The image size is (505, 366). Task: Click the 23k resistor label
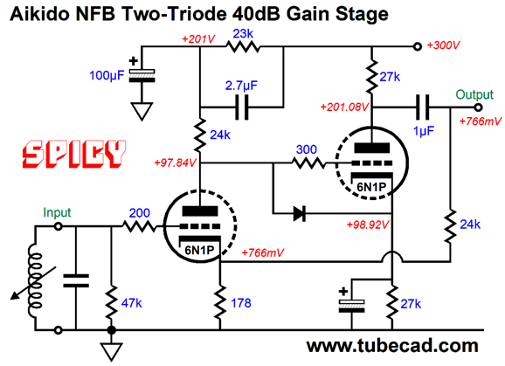click(243, 33)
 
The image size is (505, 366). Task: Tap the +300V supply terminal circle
click(417, 46)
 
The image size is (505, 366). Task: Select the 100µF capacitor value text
click(107, 76)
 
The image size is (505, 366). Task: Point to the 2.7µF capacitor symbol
click(242, 107)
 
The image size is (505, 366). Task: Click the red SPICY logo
click(73, 154)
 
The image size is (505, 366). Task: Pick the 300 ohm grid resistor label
click(307, 149)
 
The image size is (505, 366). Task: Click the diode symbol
click(300, 213)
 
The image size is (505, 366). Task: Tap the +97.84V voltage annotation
click(176, 162)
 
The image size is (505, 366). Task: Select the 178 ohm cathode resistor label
click(241, 303)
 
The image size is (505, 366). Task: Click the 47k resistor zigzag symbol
click(112, 302)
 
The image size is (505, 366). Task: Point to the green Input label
click(57, 212)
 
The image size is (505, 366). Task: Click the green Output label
click(474, 94)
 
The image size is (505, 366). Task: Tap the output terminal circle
click(478, 107)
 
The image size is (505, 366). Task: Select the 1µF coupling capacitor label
click(424, 131)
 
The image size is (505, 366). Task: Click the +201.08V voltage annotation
click(344, 107)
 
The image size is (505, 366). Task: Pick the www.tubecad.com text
click(392, 346)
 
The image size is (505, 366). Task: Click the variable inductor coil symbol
click(35, 280)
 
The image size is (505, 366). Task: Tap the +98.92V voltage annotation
click(368, 224)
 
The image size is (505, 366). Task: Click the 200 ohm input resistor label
click(140, 213)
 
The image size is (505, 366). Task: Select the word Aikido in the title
click(39, 14)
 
